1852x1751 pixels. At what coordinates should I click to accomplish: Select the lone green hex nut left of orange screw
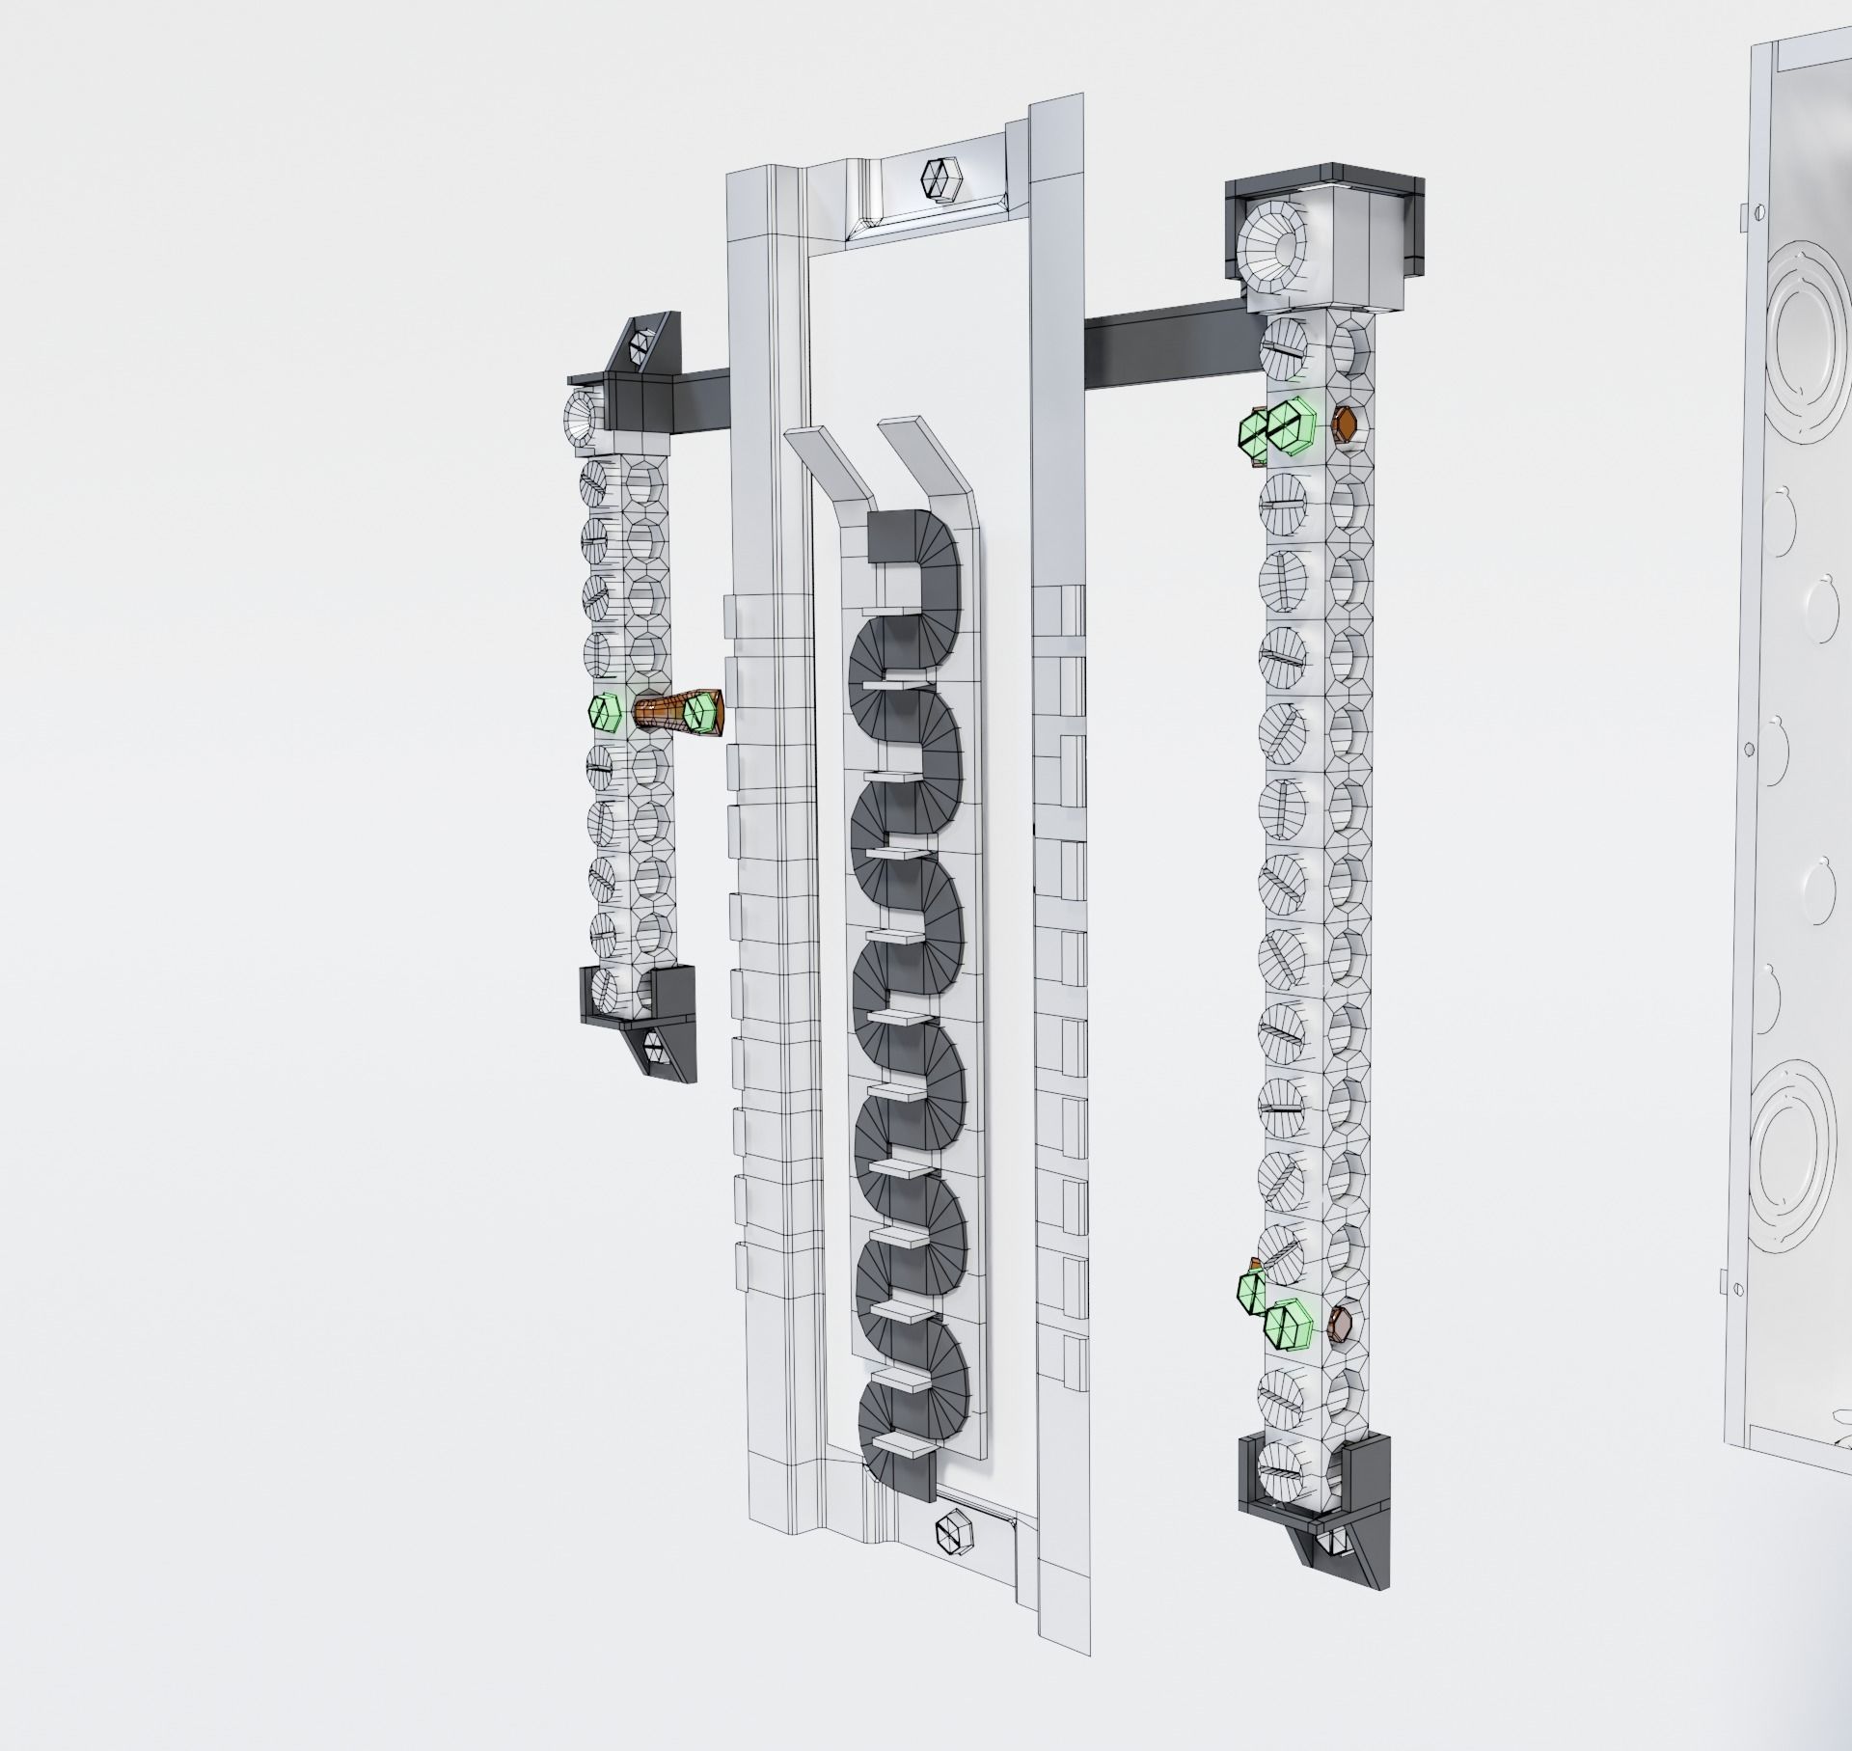(x=604, y=712)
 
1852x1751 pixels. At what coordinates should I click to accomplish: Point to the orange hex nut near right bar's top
(x=1344, y=424)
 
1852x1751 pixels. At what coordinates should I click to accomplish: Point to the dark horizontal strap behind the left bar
(x=699, y=396)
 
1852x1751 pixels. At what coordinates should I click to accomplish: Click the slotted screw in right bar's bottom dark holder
(x=1280, y=1486)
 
